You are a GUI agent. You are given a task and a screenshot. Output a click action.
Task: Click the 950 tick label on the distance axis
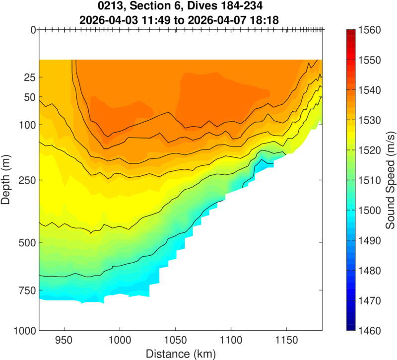65,340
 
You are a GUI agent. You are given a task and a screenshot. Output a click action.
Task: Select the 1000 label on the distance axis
120,340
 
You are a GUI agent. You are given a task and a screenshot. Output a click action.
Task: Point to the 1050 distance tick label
176,340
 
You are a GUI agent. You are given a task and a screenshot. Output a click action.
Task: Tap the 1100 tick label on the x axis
231,340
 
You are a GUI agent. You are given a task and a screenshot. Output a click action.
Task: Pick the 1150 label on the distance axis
286,340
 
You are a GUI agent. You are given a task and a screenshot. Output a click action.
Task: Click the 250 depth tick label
27,180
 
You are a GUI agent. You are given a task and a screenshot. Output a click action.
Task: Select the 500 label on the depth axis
27,242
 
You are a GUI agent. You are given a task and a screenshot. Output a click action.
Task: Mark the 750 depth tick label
27,290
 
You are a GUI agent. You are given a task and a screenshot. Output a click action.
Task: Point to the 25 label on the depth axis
30,77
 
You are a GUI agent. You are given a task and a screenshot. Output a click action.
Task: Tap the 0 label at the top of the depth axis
33,30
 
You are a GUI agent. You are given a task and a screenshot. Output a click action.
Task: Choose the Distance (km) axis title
181,354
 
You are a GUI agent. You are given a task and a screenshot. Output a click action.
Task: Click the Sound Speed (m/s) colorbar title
390,180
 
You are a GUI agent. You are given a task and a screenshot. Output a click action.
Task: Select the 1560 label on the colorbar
370,30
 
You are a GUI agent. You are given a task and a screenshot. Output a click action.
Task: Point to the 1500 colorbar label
370,211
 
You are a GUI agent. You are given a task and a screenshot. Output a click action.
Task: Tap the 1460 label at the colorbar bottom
370,331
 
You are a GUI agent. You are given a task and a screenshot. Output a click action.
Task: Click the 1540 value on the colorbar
370,90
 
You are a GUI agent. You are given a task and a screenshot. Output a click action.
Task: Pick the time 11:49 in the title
156,20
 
